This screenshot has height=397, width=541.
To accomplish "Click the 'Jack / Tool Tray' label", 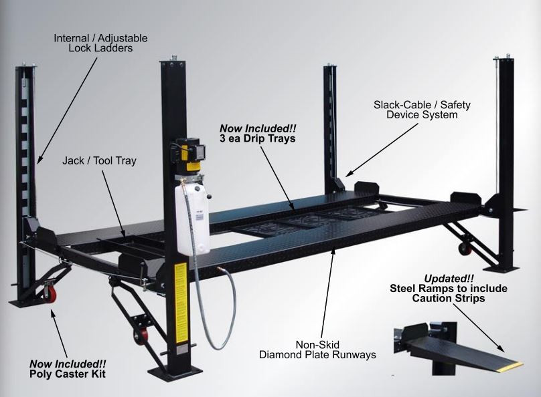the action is pyautogui.click(x=99, y=161).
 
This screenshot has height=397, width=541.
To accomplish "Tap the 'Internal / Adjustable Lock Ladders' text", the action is pyautogui.click(x=100, y=43).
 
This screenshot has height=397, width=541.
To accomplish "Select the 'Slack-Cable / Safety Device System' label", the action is pyautogui.click(x=422, y=110).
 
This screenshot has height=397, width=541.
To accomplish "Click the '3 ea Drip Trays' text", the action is pyautogui.click(x=258, y=138).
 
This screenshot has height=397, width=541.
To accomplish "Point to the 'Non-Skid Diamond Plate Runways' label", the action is pyautogui.click(x=317, y=350).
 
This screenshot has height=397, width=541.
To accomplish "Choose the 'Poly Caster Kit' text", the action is pyautogui.click(x=68, y=374).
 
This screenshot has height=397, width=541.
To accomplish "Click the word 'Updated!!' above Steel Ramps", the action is pyautogui.click(x=449, y=278).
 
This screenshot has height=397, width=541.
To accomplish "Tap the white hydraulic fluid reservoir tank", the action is pyautogui.click(x=192, y=219).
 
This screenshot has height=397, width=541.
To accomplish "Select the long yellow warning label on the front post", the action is pyautogui.click(x=181, y=303).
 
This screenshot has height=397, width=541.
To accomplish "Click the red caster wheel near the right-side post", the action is pyautogui.click(x=464, y=248).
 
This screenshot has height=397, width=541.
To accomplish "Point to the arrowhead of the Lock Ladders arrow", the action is pyautogui.click(x=39, y=160).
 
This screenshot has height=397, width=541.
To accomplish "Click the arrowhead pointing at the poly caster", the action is pyautogui.click(x=53, y=313).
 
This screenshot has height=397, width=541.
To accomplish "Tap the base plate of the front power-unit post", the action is pyautogui.click(x=175, y=373).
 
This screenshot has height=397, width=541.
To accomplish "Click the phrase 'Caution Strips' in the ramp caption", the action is pyautogui.click(x=449, y=298).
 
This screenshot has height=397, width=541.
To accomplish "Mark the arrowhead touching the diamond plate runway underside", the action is pyautogui.click(x=333, y=251).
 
